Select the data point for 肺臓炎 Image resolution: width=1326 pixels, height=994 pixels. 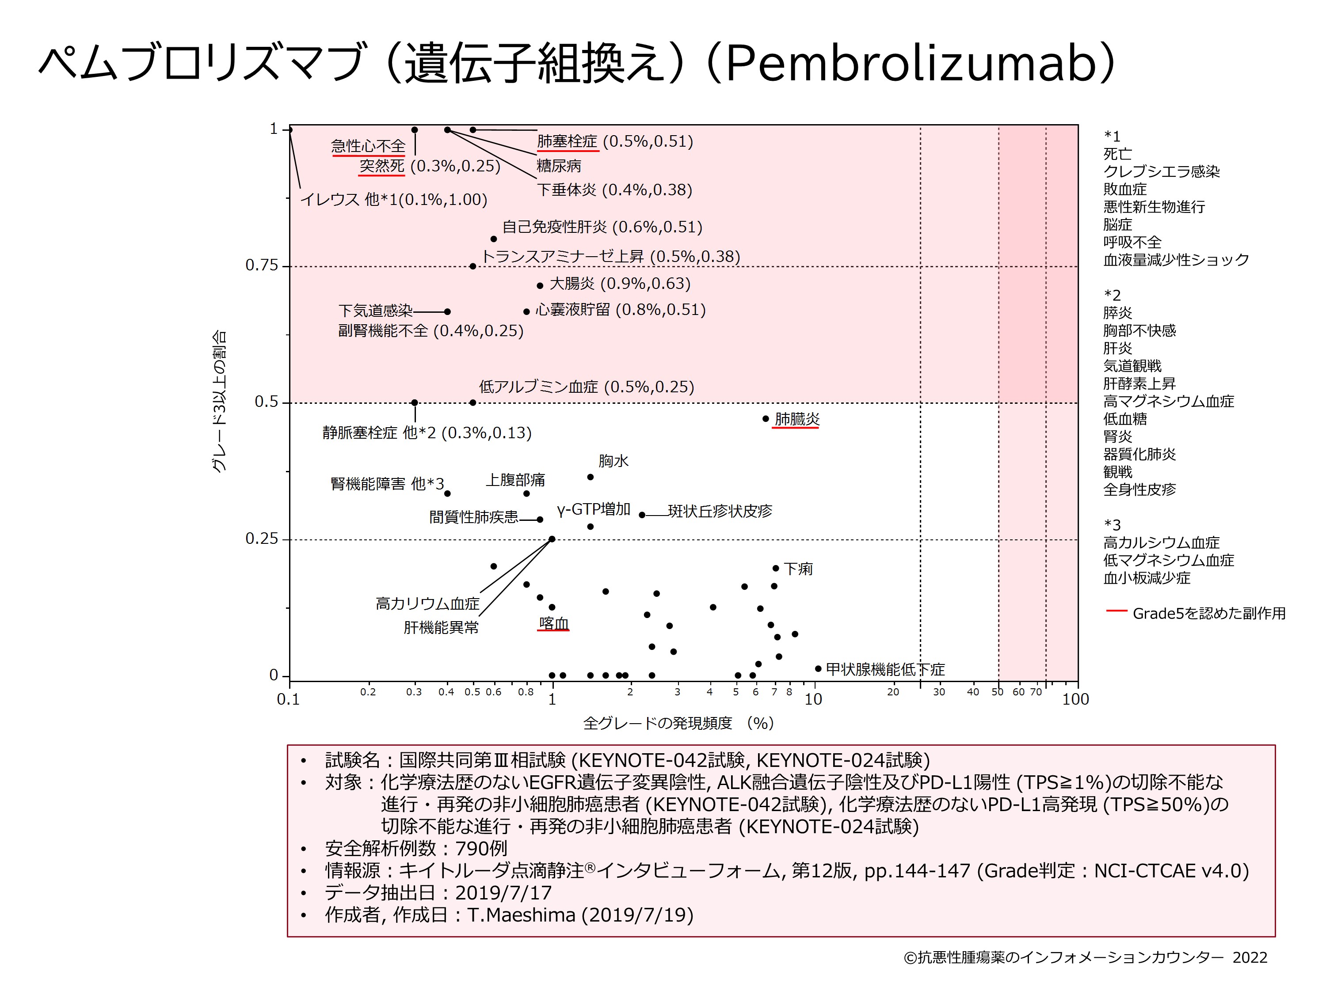coord(766,419)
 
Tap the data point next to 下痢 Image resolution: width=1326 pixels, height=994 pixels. coord(776,568)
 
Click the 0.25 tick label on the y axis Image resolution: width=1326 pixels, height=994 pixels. coord(262,539)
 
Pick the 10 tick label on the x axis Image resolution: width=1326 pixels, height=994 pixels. coord(813,699)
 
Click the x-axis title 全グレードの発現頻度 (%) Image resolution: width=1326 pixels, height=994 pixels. coord(678,723)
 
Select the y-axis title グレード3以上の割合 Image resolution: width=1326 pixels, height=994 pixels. coord(219,402)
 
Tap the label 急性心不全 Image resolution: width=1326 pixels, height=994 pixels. coord(368,146)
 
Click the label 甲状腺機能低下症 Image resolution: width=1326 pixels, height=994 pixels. coord(885,669)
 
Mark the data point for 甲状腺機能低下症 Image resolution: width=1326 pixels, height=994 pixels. coord(818,669)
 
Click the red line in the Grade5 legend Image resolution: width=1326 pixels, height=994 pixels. coord(1116,611)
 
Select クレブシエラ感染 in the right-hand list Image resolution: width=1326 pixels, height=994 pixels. coord(1161,172)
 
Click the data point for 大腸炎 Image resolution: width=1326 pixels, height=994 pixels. coord(540,286)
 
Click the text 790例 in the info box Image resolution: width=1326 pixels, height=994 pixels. coord(481,848)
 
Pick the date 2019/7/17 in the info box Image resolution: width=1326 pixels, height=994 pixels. coord(503,893)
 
